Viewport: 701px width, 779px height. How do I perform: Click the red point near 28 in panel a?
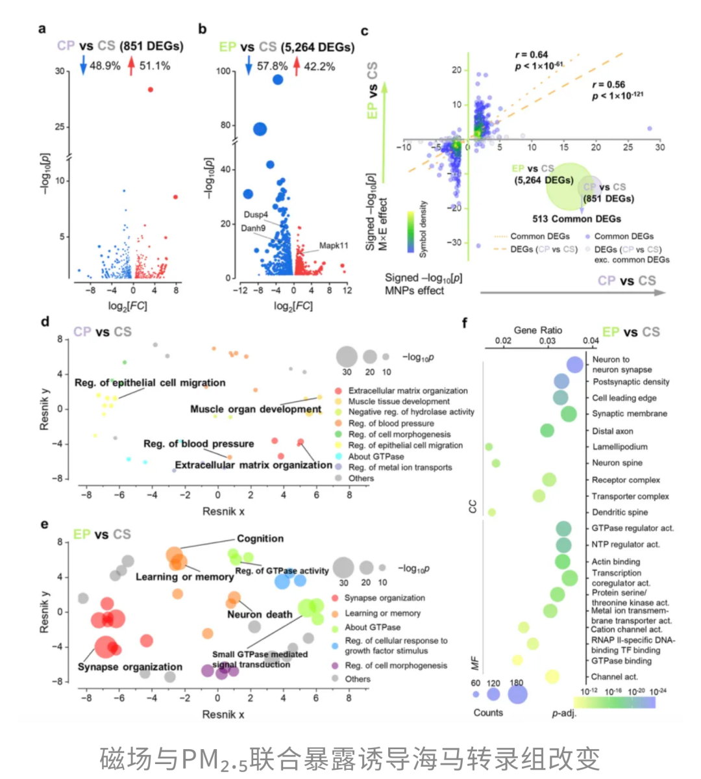tap(151, 90)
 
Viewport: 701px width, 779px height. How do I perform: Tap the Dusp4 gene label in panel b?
tap(256, 214)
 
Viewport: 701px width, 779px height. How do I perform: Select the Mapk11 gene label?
tap(334, 246)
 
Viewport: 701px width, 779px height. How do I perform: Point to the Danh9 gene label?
tap(253, 228)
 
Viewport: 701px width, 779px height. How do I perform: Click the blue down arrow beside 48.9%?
tap(83, 65)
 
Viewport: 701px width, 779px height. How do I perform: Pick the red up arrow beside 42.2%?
tap(297, 66)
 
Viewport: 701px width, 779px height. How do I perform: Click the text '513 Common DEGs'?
tap(576, 219)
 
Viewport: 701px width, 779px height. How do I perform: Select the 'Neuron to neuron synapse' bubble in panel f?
tap(575, 364)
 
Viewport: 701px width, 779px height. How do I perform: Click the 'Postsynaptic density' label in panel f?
tap(630, 382)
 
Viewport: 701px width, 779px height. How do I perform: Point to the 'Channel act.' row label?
tap(614, 676)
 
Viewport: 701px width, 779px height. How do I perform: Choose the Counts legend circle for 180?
tap(517, 694)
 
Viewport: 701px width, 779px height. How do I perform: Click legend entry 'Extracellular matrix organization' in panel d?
tap(408, 391)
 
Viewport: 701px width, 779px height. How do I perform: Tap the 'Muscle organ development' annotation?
tap(256, 409)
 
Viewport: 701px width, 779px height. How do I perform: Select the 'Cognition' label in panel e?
tap(260, 539)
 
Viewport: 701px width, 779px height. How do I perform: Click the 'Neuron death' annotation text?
tap(260, 614)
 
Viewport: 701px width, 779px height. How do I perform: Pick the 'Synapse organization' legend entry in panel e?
tap(384, 598)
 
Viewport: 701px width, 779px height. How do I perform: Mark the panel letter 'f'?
tap(465, 322)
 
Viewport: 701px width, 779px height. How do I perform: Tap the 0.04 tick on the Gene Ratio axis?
tap(591, 340)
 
